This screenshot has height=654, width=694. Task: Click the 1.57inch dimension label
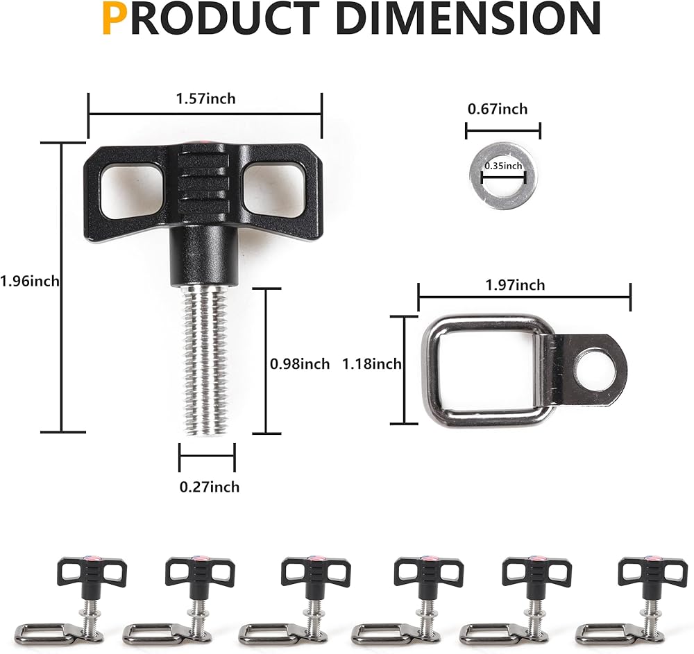[206, 98]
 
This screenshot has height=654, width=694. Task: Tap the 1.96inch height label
[30, 281]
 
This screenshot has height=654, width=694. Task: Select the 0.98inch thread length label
[300, 364]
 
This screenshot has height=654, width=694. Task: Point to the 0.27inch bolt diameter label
[210, 487]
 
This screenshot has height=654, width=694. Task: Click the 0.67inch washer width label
[498, 109]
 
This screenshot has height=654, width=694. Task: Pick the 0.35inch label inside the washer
[503, 166]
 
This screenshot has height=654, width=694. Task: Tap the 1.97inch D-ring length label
[515, 285]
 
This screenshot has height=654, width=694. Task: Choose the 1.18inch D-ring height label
[372, 364]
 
